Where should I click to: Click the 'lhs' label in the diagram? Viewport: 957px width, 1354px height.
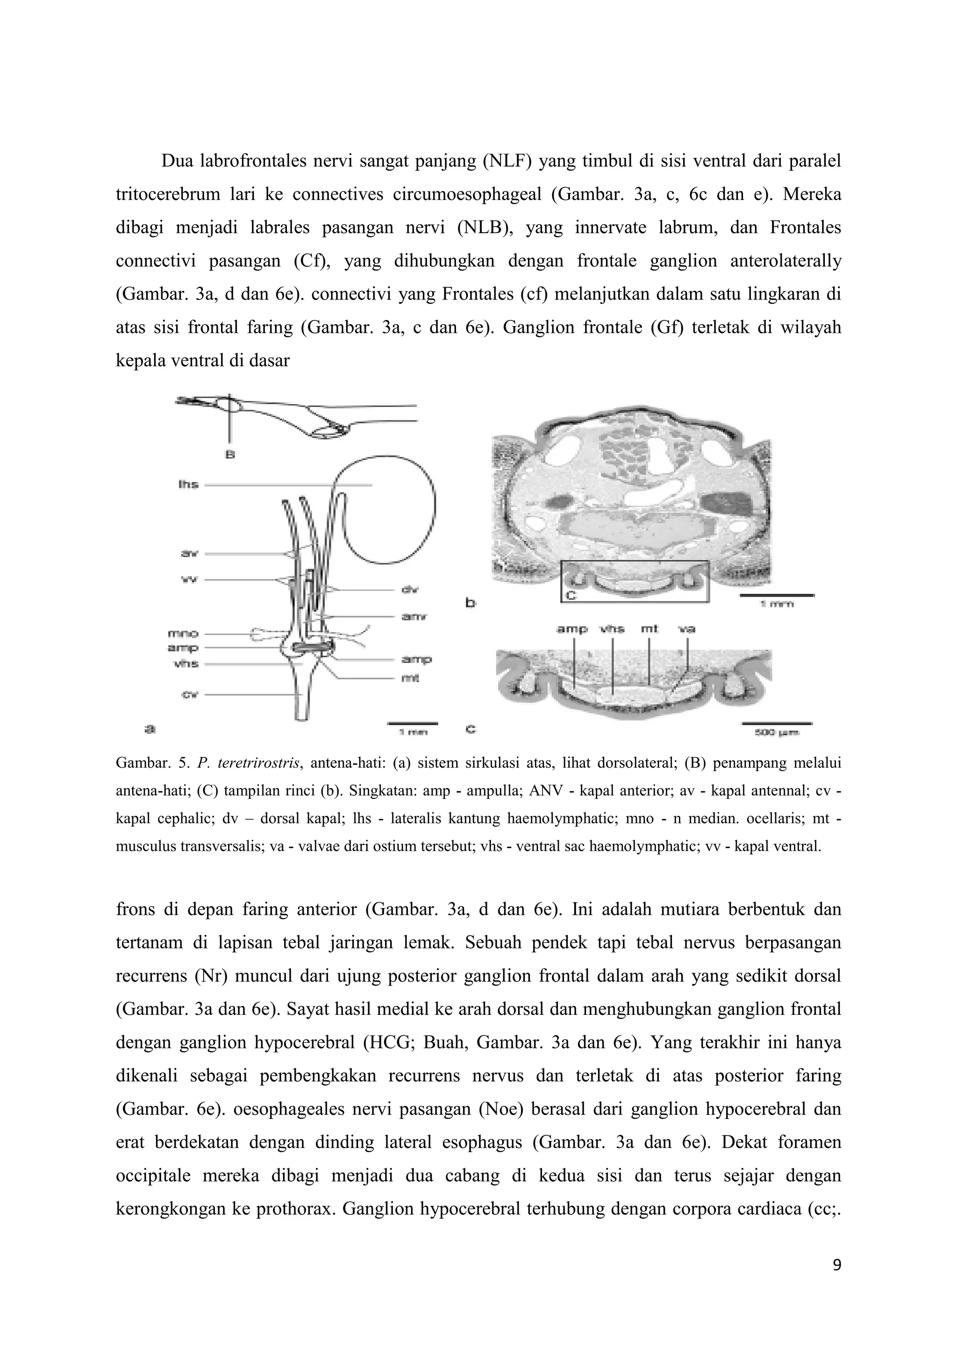[x=188, y=485]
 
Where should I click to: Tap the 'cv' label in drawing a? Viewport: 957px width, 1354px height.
[x=190, y=694]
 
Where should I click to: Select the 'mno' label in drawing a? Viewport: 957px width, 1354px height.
[x=183, y=634]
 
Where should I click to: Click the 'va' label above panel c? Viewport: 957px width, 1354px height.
[x=686, y=629]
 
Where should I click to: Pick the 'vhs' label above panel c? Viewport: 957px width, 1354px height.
[x=613, y=629]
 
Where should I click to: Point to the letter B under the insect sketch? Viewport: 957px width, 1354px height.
[x=230, y=455]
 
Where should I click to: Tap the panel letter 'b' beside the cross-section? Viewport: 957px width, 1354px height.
[x=471, y=603]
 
